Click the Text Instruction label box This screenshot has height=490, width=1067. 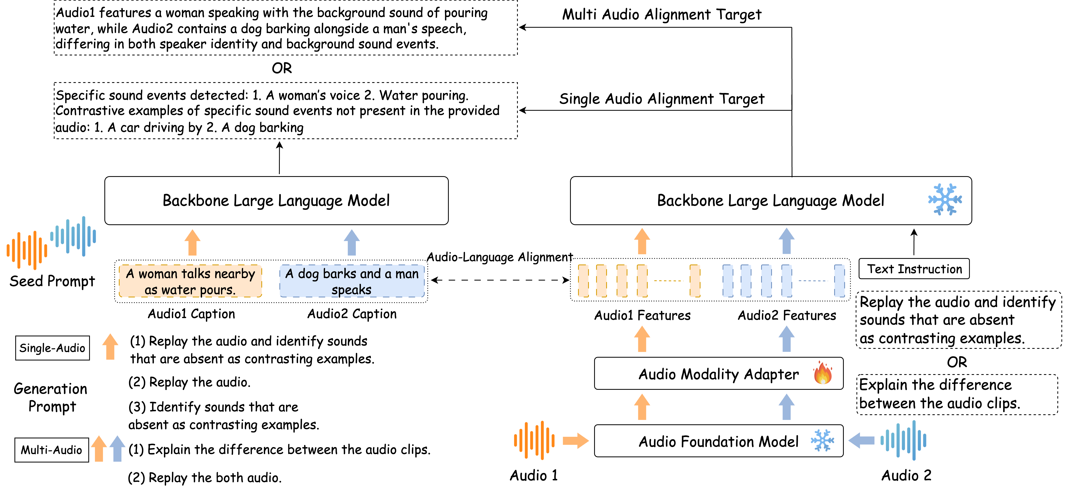click(x=914, y=269)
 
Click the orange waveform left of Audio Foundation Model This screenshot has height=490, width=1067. click(x=534, y=440)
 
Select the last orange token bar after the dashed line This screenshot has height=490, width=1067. click(x=695, y=281)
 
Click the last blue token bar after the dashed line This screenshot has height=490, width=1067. click(x=839, y=281)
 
